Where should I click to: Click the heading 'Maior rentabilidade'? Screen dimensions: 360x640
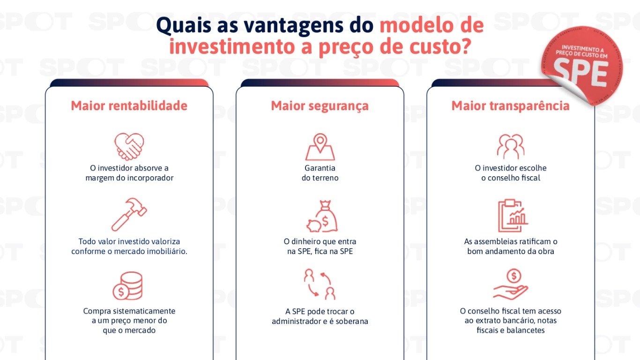[129, 106]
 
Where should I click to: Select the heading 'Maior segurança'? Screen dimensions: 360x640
[320, 106]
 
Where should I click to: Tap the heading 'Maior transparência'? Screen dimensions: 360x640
[510, 106]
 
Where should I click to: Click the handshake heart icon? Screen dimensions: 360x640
[129, 146]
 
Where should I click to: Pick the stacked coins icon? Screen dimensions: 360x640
[127, 286]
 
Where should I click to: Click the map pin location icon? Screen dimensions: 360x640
[320, 147]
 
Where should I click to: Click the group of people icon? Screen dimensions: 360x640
[510, 146]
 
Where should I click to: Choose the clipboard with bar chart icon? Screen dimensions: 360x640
[512, 216]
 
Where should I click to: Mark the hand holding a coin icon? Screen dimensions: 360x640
[511, 285]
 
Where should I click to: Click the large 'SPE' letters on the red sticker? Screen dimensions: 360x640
[580, 74]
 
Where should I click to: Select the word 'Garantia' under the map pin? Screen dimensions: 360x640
[320, 168]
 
